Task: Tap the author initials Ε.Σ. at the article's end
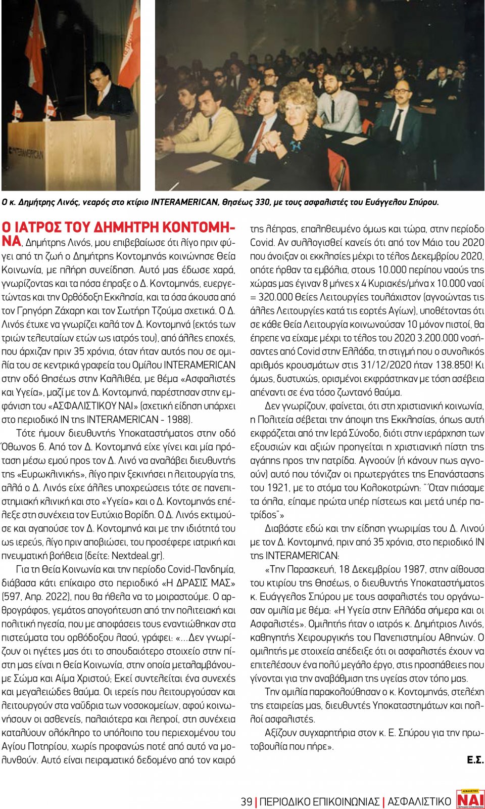pyautogui.click(x=475, y=760)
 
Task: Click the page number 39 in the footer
pyautogui.click(x=247, y=801)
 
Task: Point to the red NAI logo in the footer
pyautogui.click(x=470, y=799)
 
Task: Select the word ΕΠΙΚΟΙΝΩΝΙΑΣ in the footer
pyautogui.click(x=346, y=801)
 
